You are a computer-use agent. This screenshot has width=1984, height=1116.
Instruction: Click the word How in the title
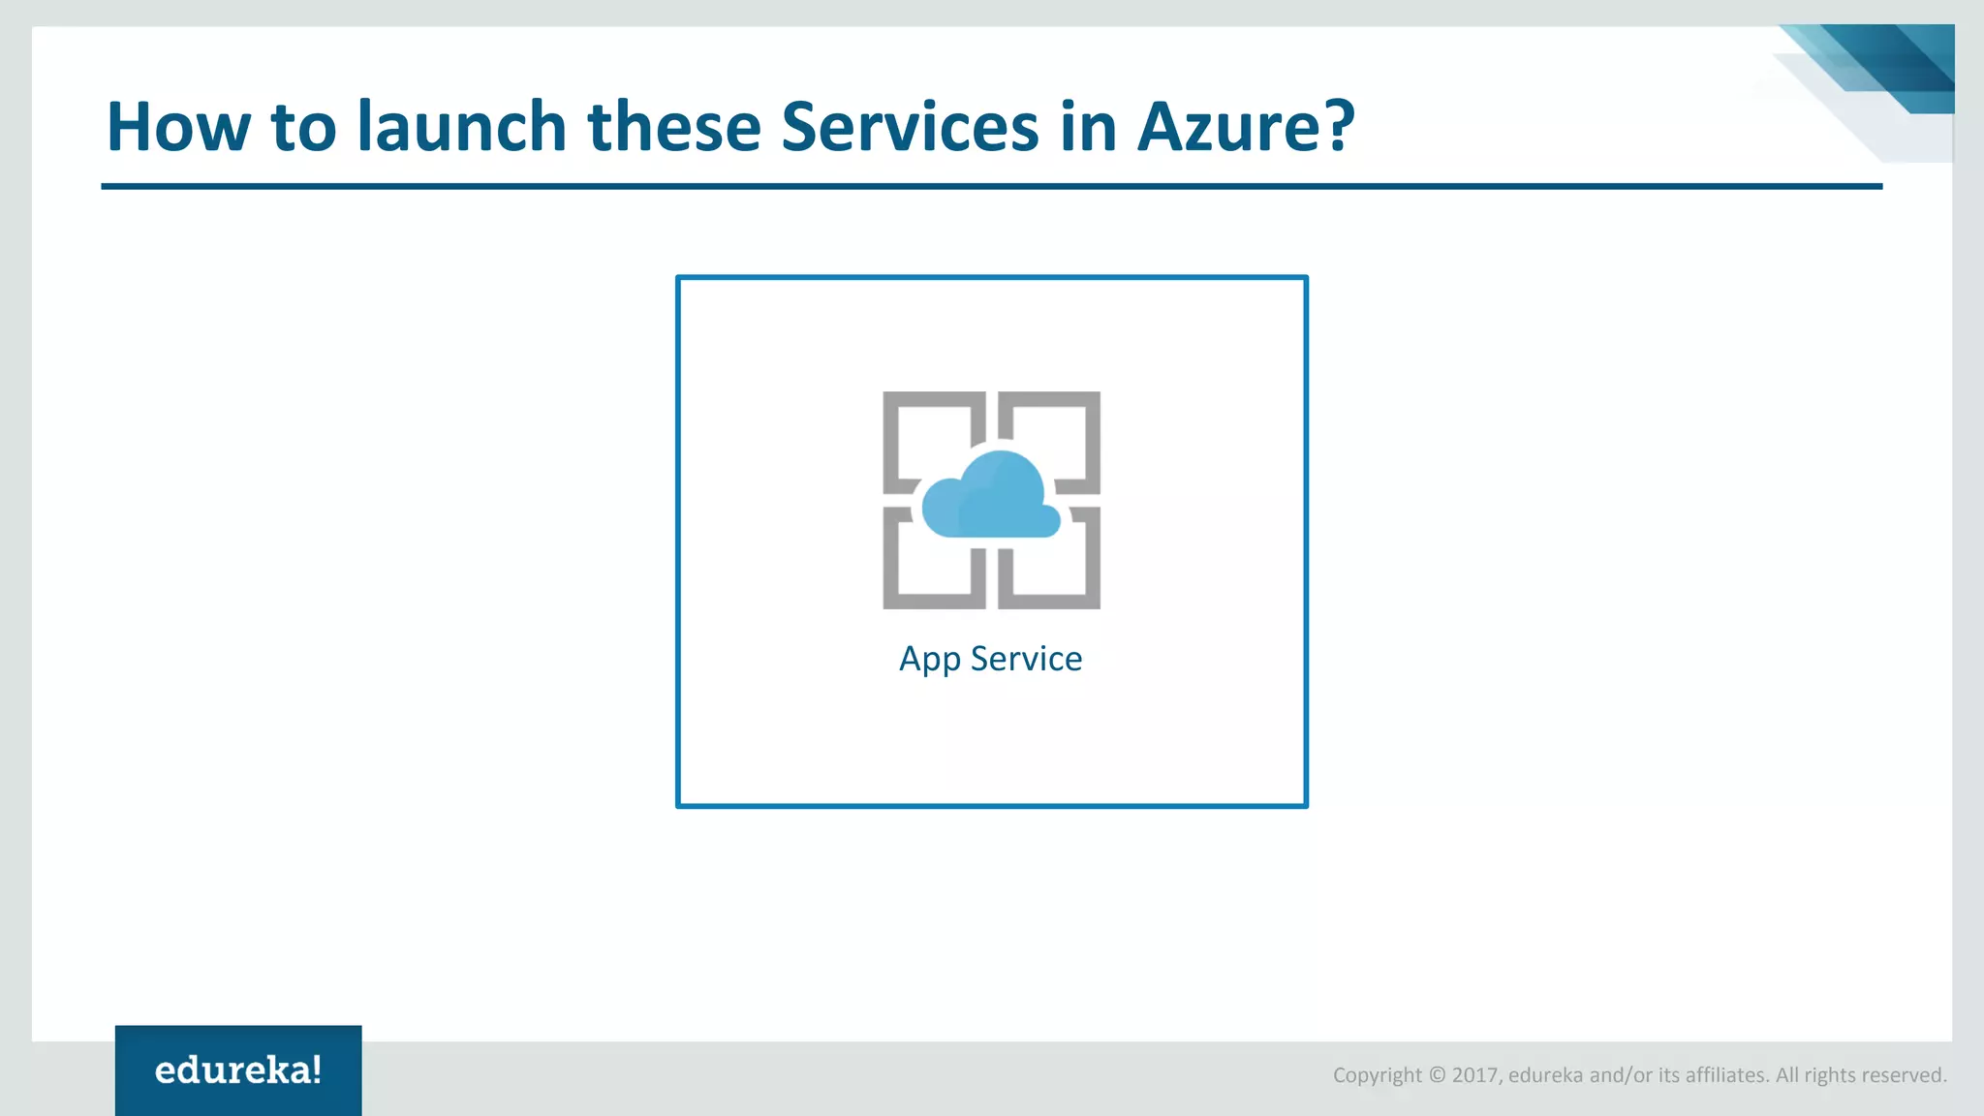click(x=176, y=127)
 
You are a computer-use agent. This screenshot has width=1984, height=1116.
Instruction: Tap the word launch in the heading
click(x=461, y=127)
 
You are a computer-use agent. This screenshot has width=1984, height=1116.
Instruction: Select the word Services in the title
click(x=909, y=127)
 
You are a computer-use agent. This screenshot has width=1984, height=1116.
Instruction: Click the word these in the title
click(x=674, y=127)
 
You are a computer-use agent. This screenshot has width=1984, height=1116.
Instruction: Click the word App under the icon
click(x=929, y=660)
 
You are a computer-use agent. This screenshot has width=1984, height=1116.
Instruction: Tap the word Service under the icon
click(x=1026, y=659)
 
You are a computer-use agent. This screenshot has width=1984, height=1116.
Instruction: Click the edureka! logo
click(x=238, y=1070)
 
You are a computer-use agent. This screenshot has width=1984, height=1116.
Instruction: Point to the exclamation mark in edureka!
click(x=317, y=1069)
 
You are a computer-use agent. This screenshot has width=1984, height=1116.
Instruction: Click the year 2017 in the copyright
click(x=1474, y=1075)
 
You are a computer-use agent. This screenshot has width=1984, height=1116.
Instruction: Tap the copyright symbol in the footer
click(x=1437, y=1075)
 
